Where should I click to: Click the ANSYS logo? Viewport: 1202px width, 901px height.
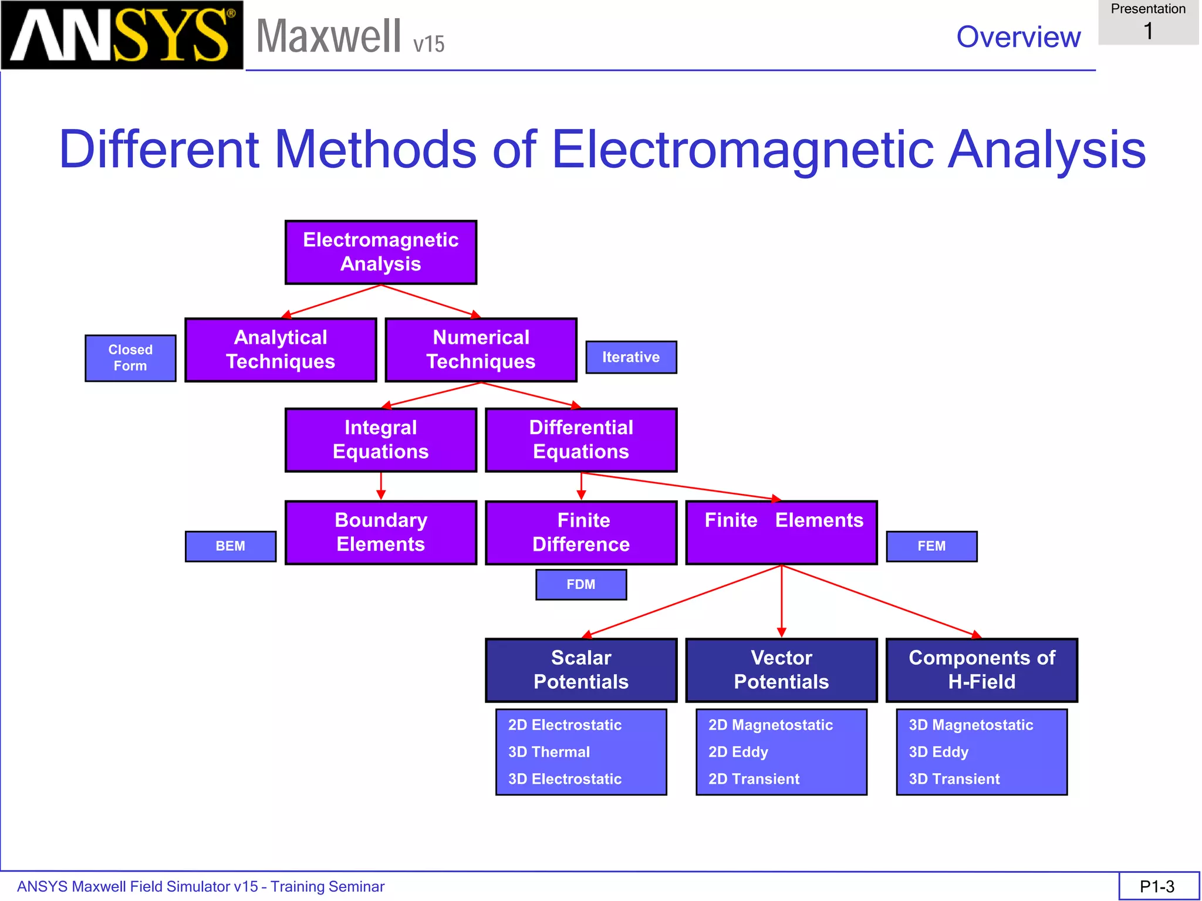[x=121, y=35]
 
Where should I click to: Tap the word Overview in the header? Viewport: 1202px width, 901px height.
[x=1018, y=37]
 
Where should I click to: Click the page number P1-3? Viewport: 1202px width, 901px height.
[x=1157, y=886]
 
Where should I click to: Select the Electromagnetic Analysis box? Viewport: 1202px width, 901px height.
[x=380, y=252]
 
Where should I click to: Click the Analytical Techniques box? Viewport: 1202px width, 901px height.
[x=281, y=350]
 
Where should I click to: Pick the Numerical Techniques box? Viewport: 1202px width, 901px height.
[x=481, y=350]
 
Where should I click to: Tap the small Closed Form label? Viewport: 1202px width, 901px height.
[x=130, y=358]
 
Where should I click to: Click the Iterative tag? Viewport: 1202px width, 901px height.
[x=631, y=357]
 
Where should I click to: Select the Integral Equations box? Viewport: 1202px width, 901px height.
[x=380, y=440]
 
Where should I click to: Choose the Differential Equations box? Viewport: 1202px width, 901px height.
[x=581, y=440]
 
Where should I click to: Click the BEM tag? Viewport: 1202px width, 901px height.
[x=230, y=546]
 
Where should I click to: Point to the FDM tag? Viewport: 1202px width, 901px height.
[x=581, y=584]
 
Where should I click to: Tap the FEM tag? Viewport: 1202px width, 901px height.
[x=931, y=546]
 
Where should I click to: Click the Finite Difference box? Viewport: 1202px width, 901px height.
[x=581, y=533]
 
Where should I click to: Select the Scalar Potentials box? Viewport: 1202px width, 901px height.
[x=581, y=670]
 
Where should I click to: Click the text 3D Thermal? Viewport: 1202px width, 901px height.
[x=549, y=752]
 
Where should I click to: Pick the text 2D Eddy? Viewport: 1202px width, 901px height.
[x=738, y=752]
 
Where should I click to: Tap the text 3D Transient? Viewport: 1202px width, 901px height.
[x=954, y=779]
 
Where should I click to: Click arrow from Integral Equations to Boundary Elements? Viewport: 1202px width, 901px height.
[x=381, y=486]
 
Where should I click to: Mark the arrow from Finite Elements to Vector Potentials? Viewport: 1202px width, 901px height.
[x=781, y=601]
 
